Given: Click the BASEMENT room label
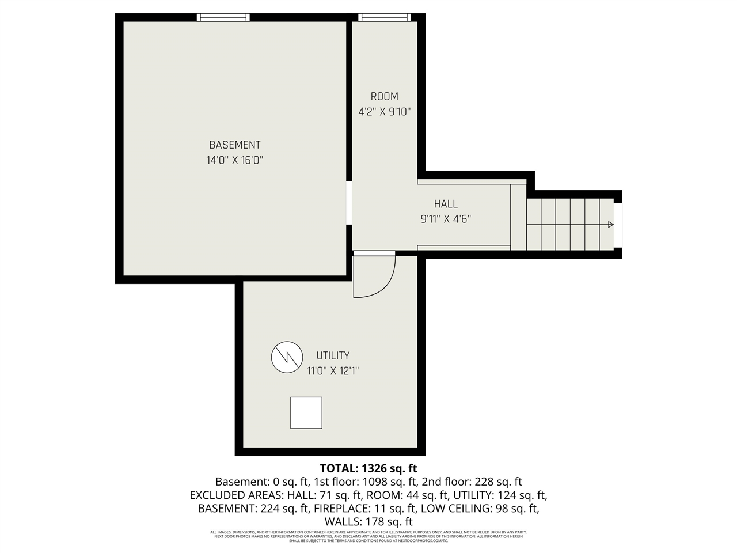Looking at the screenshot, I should pyautogui.click(x=234, y=145).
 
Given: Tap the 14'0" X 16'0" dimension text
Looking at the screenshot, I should pyautogui.click(x=234, y=161).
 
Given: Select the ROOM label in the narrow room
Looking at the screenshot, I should pyautogui.click(x=384, y=97).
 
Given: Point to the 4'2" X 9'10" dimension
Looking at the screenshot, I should pyautogui.click(x=384, y=112).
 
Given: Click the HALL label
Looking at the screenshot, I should pyautogui.click(x=446, y=204).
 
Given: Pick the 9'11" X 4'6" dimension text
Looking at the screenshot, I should pyautogui.click(x=446, y=219).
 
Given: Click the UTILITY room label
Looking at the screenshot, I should pyautogui.click(x=333, y=356).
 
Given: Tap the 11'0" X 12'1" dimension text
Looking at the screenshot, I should pyautogui.click(x=333, y=371).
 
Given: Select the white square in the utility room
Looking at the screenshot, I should pyautogui.click(x=306, y=412).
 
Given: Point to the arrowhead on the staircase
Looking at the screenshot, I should pyautogui.click(x=610, y=225).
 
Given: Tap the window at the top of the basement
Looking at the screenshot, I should pyautogui.click(x=223, y=17).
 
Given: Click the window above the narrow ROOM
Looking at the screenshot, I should pyautogui.click(x=384, y=17).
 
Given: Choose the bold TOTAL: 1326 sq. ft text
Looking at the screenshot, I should pyautogui.click(x=368, y=468).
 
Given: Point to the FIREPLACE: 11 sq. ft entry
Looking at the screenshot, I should pyautogui.click(x=364, y=509).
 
